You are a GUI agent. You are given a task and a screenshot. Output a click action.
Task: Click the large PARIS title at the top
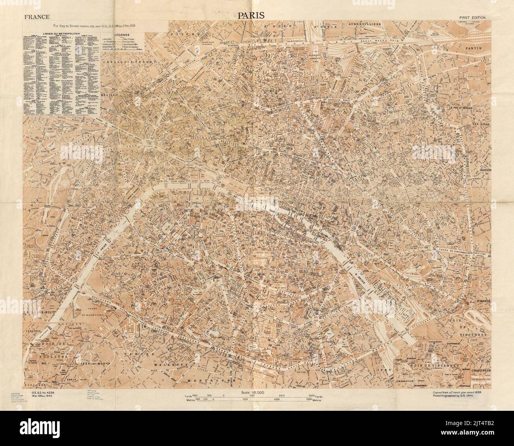253,15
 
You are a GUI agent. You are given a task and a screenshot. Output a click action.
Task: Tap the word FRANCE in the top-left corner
37,17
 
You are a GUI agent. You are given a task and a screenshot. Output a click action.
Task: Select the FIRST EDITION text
473,17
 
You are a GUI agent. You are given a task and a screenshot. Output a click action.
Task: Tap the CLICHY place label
182,34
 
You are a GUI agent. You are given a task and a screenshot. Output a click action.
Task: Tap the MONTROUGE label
212,380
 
